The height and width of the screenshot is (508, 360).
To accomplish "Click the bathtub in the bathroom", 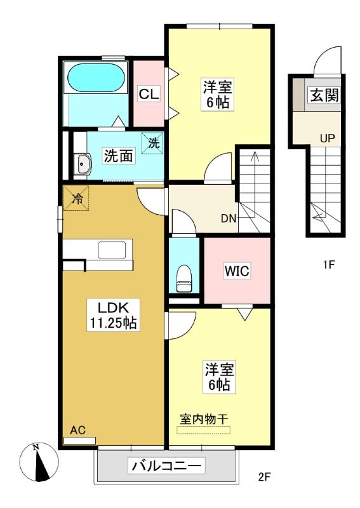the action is point(96,78).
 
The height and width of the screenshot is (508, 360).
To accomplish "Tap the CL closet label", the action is point(149,94).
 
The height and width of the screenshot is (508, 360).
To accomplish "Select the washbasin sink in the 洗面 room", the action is point(83,164).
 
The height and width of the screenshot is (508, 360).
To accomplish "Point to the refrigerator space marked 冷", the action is point(76,197).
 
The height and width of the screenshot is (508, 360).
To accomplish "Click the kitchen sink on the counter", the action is point(112,250).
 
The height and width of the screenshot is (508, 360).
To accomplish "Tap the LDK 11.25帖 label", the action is point(113,314).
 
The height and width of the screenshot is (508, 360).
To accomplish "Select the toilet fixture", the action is point(183,278).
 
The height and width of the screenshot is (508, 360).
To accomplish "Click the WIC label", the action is point(237,271).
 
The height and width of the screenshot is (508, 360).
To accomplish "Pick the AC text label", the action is point(78,430).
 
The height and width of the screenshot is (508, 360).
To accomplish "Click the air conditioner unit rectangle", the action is point(80,441).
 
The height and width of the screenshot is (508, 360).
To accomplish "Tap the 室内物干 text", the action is point(204,420).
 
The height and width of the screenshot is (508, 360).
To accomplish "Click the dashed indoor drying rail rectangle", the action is point(204,431).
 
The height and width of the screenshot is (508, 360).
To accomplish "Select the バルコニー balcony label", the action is point(166,467).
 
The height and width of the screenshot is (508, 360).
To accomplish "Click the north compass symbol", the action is point(39,462).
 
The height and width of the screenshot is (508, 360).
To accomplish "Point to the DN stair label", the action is point(229,218).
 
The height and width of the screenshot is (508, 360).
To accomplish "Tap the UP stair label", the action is point(327,138).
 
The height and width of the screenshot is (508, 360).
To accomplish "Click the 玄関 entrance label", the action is point(324,95).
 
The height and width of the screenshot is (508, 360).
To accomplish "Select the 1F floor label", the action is point(328,265).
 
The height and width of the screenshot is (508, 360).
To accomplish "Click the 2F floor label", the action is point(264,477).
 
